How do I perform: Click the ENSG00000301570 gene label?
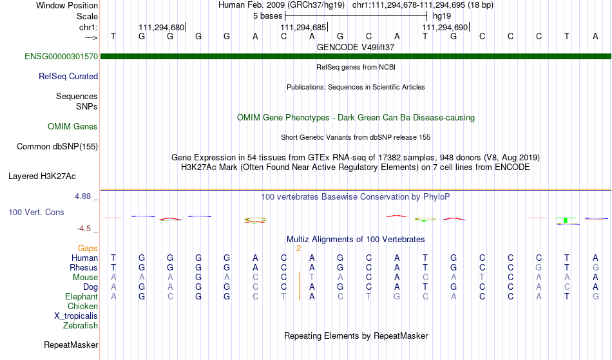click(61, 56)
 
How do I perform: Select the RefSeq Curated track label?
click(68, 76)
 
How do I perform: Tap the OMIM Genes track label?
click(73, 126)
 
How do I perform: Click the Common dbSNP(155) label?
click(57, 146)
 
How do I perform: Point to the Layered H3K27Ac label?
click(42, 176)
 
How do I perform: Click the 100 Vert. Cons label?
click(36, 212)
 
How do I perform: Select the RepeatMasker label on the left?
click(71, 345)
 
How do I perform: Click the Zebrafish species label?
click(81, 325)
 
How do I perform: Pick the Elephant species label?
click(82, 296)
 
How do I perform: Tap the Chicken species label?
click(82, 306)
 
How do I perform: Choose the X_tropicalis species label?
click(76, 316)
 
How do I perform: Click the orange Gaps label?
click(88, 248)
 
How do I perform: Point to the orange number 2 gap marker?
click(298, 249)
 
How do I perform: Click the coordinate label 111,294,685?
click(303, 27)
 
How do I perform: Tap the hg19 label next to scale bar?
click(442, 16)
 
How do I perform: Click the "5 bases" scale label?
click(268, 16)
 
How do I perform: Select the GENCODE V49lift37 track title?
click(356, 47)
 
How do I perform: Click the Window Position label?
click(67, 5)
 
